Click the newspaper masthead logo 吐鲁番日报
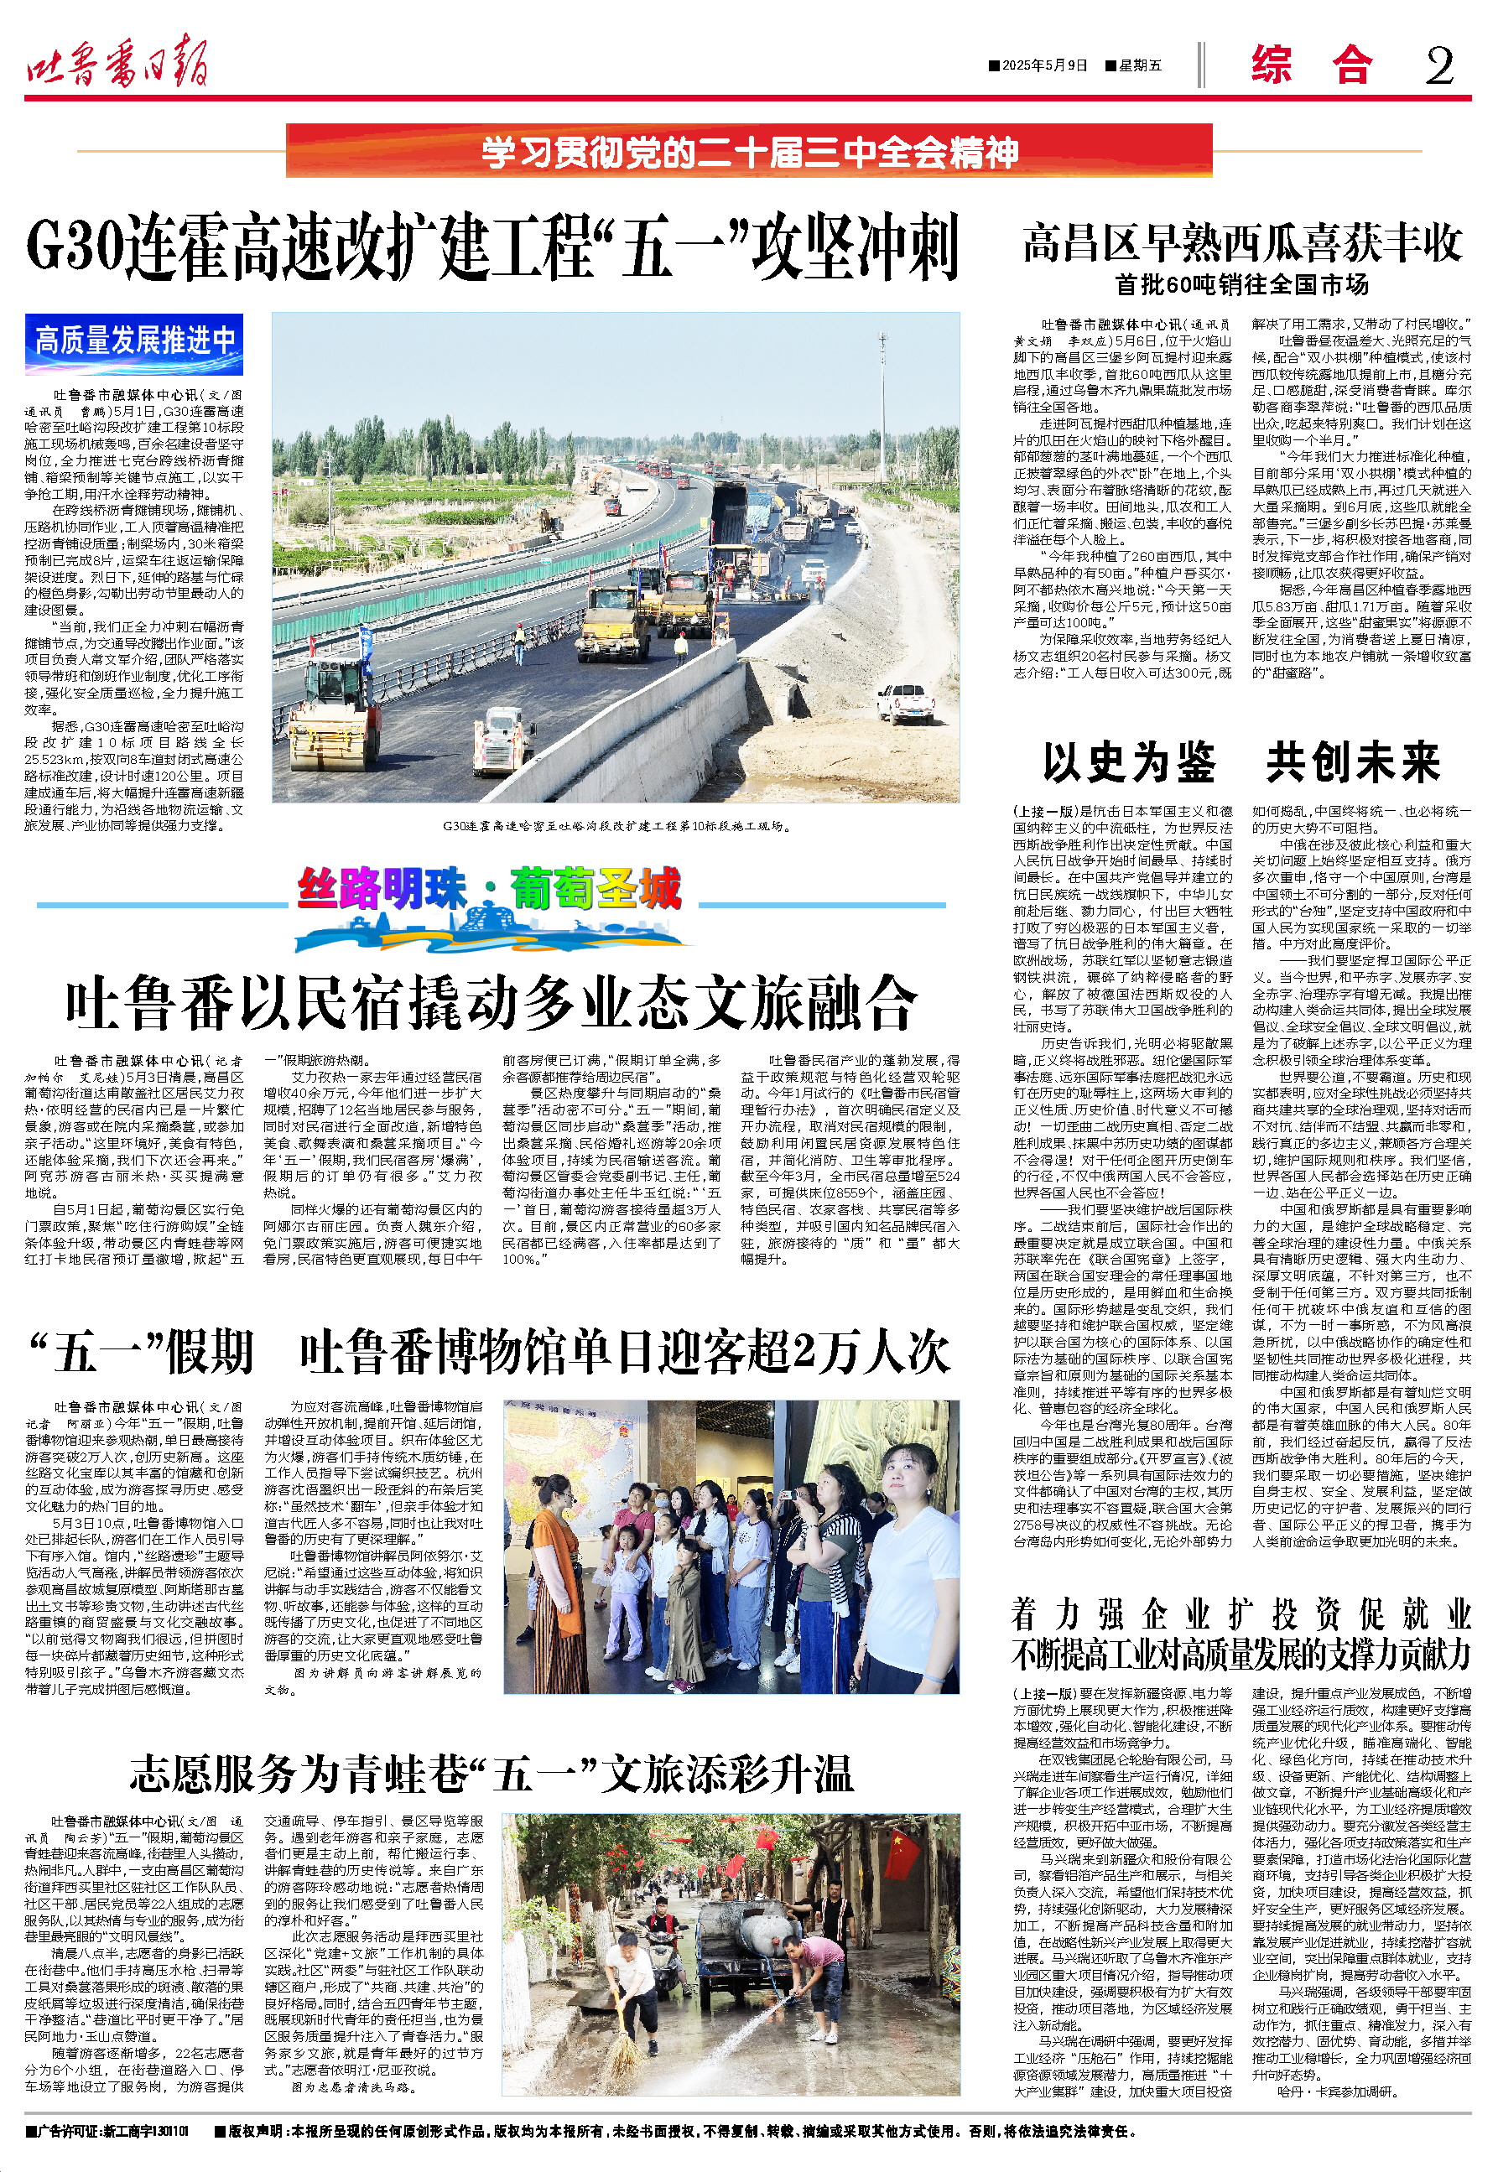click(x=117, y=64)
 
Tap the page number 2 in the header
click(x=1439, y=65)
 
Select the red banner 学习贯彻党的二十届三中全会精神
click(x=749, y=151)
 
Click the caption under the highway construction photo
click(x=616, y=827)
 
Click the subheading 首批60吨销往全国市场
click(x=1241, y=284)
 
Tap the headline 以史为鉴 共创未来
click(x=1241, y=761)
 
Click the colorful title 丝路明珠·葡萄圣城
click(x=489, y=888)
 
